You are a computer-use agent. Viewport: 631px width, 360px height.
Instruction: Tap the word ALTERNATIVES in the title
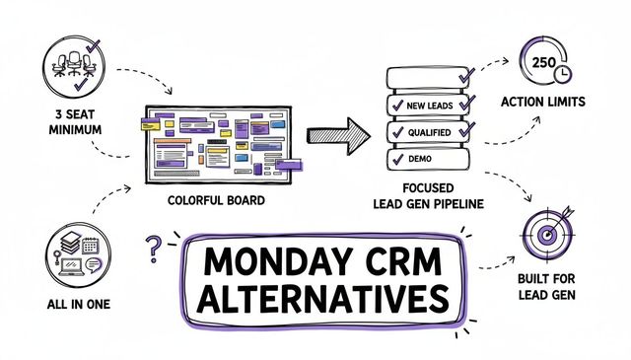click(x=323, y=299)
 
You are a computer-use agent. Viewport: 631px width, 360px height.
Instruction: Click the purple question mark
click(x=153, y=250)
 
